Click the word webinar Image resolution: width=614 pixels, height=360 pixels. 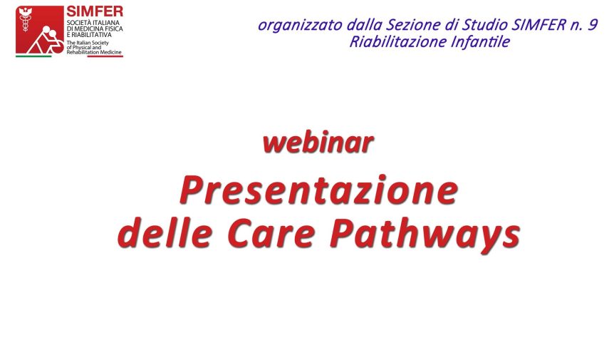pyautogui.click(x=318, y=142)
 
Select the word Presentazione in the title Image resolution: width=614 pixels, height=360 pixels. pyautogui.click(x=318, y=190)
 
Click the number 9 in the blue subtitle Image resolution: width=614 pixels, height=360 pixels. pyautogui.click(x=593, y=24)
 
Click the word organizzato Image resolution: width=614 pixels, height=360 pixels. pyautogui.click(x=301, y=25)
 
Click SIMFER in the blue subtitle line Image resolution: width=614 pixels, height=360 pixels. pyautogui.click(x=538, y=25)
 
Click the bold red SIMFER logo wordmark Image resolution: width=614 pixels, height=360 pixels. pyautogui.click(x=94, y=11)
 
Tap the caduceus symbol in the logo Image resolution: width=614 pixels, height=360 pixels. pyautogui.click(x=26, y=19)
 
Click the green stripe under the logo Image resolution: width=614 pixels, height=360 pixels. pyautogui.click(x=33, y=56)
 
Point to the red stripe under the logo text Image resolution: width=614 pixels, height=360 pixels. pyautogui.click(x=105, y=56)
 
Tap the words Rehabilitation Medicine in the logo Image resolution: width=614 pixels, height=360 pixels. pyautogui.click(x=94, y=52)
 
